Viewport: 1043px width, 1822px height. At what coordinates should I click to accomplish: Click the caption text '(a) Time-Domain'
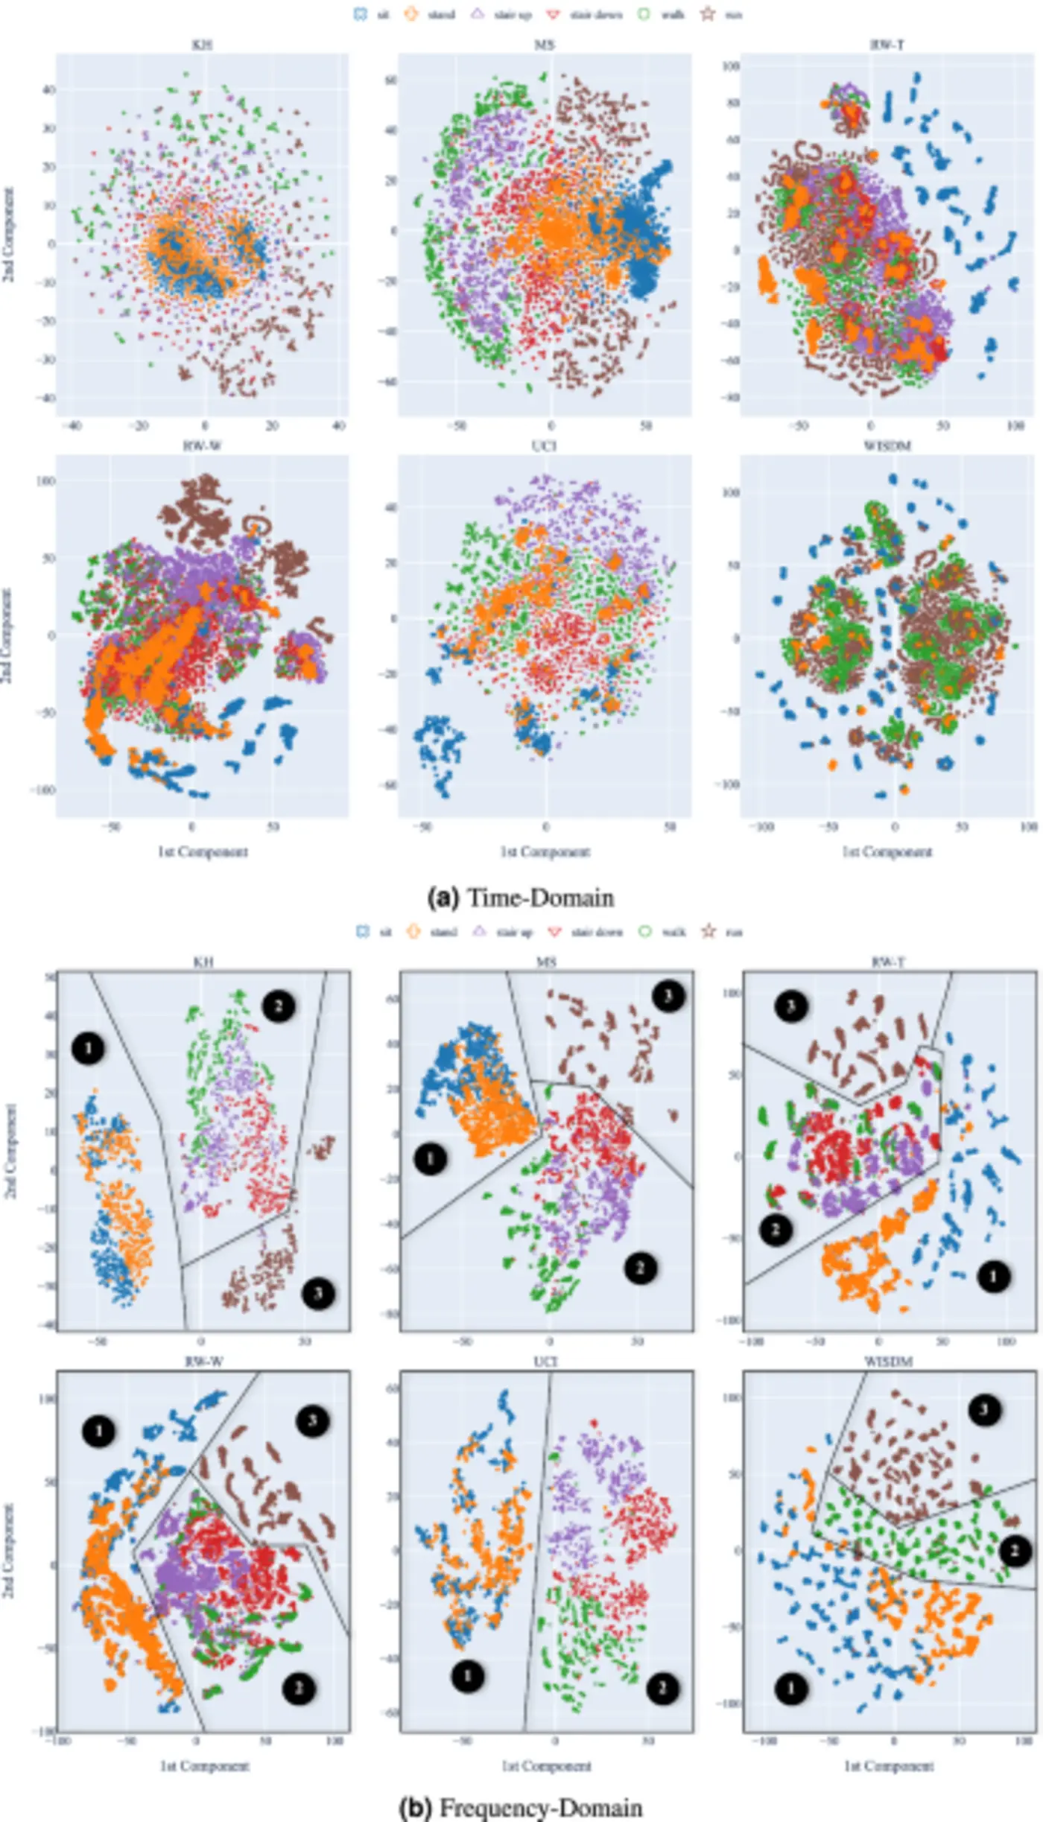pos(521,898)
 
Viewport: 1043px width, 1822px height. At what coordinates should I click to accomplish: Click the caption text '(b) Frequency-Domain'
pos(521,1808)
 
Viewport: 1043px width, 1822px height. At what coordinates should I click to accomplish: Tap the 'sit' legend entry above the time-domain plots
pos(372,14)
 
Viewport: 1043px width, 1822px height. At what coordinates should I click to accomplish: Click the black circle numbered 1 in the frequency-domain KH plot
pos(88,1049)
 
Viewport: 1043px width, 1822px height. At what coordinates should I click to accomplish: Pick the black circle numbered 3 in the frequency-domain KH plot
pos(318,1293)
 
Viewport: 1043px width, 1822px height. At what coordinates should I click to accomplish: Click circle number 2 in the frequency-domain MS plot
pos(640,1267)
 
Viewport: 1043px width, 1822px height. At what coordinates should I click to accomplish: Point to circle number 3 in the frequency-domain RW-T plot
pos(791,1007)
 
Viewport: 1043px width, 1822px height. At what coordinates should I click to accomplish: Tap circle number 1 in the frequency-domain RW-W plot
pos(98,1431)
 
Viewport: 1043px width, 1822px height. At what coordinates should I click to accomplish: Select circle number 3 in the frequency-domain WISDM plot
pos(984,1409)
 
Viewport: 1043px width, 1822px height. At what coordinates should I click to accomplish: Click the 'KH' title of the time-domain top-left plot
pos(202,45)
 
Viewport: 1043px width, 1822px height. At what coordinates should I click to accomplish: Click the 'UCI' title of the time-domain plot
pos(545,445)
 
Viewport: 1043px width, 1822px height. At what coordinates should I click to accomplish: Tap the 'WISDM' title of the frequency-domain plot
pos(888,1362)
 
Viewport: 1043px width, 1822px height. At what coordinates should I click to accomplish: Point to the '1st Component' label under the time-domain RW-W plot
pos(202,851)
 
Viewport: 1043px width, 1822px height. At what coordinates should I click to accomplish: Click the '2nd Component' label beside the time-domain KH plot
pos(9,235)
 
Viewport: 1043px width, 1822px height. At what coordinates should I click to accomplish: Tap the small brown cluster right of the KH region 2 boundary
pos(323,1148)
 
